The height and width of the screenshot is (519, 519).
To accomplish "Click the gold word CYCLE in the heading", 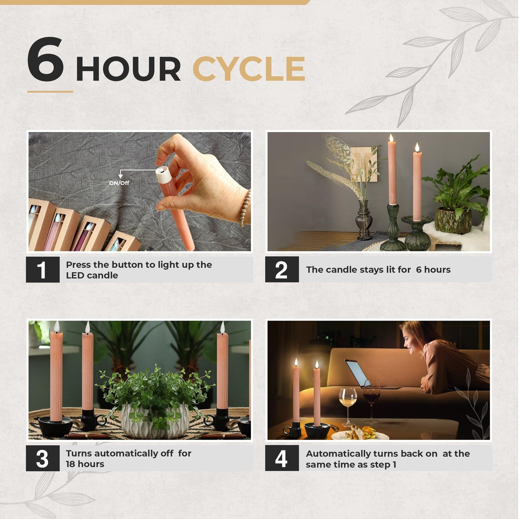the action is (249, 69).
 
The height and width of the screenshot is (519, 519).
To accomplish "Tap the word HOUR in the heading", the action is (128, 69).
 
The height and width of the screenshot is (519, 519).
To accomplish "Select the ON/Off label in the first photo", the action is (119, 183).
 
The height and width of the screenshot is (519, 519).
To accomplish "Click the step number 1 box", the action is (43, 269).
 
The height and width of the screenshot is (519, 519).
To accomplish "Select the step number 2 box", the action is (282, 269).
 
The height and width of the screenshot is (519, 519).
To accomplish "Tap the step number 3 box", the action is (43, 458).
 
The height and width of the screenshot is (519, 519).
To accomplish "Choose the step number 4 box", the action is (282, 458).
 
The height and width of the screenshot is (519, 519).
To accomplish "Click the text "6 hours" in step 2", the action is (433, 269).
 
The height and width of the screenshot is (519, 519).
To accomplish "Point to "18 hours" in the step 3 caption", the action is (85, 464).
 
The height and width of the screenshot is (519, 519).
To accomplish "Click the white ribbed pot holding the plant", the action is (155, 421).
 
